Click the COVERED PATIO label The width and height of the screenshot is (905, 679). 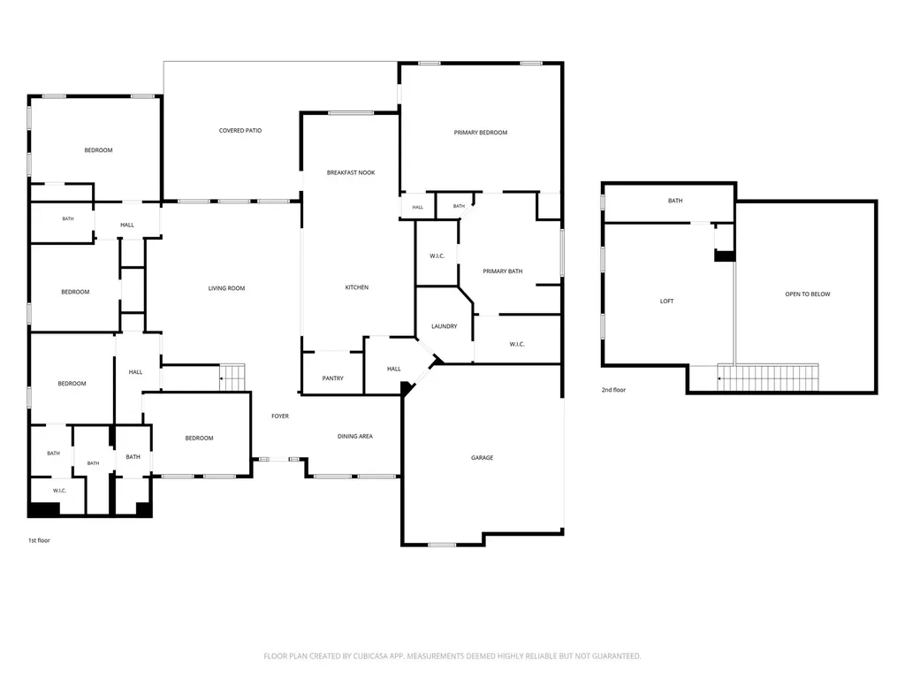(240, 131)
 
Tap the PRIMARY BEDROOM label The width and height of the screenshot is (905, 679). (480, 133)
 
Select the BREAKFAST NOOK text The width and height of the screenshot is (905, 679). (351, 172)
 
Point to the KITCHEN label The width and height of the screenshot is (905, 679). (357, 287)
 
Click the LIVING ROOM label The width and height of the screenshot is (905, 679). (226, 288)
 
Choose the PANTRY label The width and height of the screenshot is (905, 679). (332, 378)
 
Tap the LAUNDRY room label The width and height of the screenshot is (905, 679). (445, 327)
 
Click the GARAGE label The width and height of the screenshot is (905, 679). (482, 458)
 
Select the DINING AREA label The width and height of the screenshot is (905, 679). (355, 437)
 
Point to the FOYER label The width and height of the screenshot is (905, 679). (280, 416)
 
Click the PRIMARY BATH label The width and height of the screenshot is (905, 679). (503, 271)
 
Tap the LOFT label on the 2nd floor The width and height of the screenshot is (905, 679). (666, 301)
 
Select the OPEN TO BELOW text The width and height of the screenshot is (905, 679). (808, 294)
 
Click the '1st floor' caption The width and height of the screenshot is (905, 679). (39, 540)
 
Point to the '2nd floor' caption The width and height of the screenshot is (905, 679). (613, 390)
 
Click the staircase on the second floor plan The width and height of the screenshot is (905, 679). (768, 378)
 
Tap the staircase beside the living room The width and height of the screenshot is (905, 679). (232, 378)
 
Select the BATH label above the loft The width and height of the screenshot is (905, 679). (675, 201)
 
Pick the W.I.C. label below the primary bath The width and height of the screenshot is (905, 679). (517, 345)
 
